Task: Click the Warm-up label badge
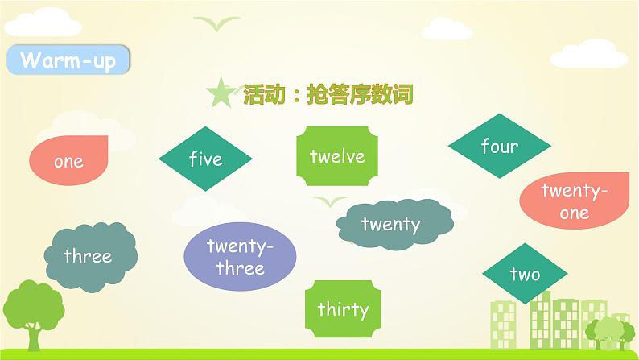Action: coord(68,60)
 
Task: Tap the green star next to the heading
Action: coord(220,94)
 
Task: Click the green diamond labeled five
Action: coord(205,159)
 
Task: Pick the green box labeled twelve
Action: coord(336,155)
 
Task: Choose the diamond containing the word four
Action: coord(499,147)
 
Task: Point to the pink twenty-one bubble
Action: coord(575,201)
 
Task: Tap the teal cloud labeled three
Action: coord(88,256)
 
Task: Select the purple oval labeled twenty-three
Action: coord(240,256)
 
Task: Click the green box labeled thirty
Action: coord(342,308)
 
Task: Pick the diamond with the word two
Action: coord(524,274)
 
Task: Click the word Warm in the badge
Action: coord(47,60)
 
